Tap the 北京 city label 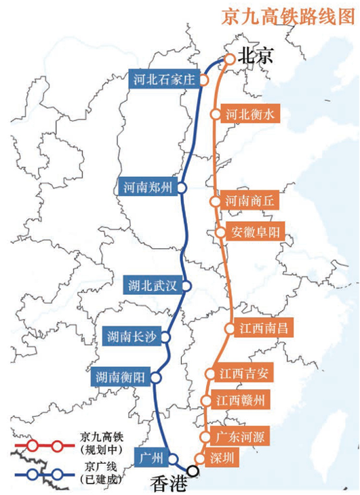tap(257, 58)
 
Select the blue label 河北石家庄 tap(163, 80)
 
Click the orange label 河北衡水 tap(249, 115)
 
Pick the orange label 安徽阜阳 tap(257, 232)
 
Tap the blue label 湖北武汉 tap(153, 285)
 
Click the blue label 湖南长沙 tap(132, 335)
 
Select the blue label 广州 tap(150, 458)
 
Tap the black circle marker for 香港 tap(194, 470)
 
